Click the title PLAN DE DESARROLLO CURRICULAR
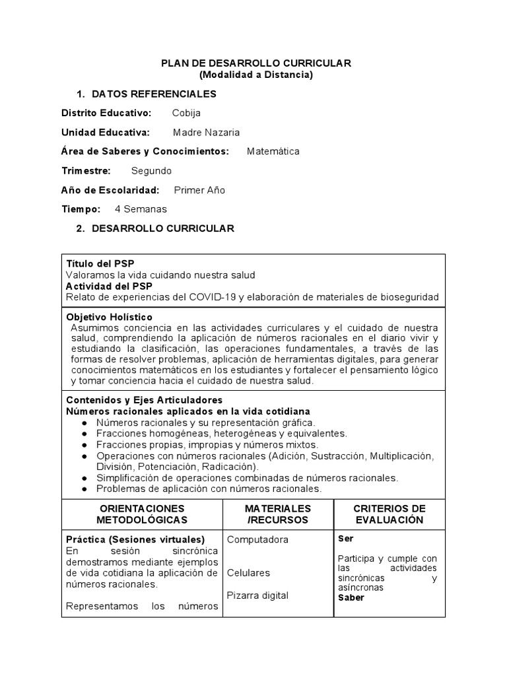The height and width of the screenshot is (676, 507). (x=257, y=63)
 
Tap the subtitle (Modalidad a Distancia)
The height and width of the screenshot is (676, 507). (x=256, y=75)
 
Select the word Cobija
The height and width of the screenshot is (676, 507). (x=186, y=113)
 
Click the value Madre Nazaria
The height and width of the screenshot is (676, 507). (x=206, y=132)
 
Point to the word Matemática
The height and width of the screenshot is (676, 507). (x=273, y=151)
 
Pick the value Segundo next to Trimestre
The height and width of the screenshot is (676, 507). (x=151, y=171)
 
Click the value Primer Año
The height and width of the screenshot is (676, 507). (x=199, y=190)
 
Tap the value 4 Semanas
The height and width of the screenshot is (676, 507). (x=141, y=209)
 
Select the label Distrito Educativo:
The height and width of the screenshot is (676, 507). (x=106, y=113)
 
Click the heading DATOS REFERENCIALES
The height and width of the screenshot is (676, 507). (x=154, y=94)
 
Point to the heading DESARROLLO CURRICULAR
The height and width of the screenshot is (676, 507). (x=162, y=228)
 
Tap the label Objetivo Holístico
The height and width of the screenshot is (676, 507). (x=110, y=318)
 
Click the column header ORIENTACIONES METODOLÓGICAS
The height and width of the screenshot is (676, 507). (x=143, y=514)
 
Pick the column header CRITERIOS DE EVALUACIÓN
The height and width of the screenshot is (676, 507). (x=389, y=514)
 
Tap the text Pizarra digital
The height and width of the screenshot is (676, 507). (x=257, y=595)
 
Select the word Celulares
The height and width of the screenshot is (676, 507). (x=248, y=572)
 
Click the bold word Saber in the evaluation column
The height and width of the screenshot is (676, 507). (x=351, y=598)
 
